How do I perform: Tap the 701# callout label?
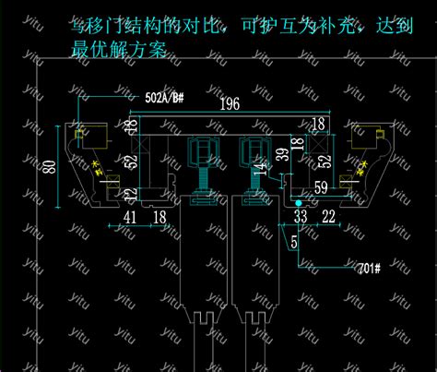coord(371,269)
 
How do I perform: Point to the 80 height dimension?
coord(50,167)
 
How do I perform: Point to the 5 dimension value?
coord(294,242)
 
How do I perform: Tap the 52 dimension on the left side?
coord(132,163)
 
